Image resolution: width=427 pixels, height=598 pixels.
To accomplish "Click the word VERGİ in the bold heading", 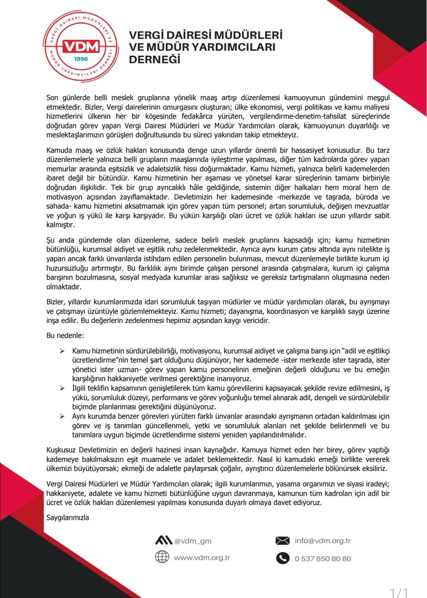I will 147,36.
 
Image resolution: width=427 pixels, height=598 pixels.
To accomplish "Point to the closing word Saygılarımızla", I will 67,517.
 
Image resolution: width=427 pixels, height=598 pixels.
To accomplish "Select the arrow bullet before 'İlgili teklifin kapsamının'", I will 63,387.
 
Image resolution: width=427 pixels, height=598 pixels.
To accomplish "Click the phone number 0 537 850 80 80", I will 322,558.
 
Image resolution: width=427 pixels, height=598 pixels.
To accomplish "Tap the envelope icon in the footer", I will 283,540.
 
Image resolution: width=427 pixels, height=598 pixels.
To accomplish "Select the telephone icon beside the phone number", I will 283,558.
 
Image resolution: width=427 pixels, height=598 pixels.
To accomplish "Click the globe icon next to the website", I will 162,557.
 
